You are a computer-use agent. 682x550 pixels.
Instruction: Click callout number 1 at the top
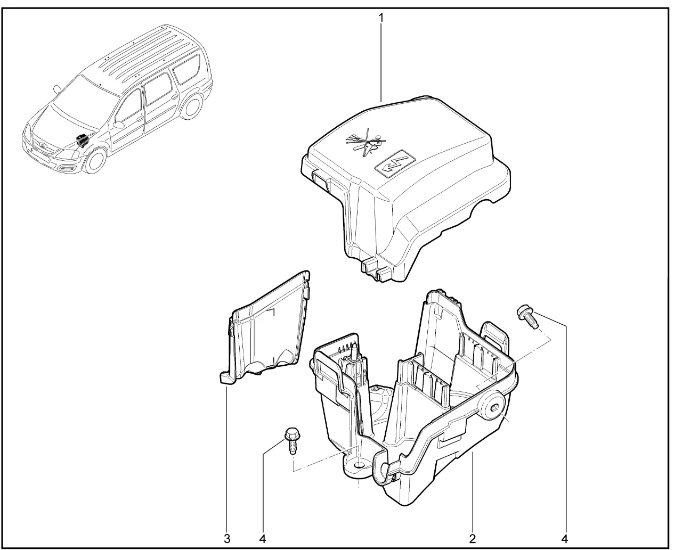pyautogui.click(x=381, y=18)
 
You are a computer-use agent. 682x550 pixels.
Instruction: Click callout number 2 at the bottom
pyautogui.click(x=472, y=539)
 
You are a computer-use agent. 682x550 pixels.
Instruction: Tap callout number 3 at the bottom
pyautogui.click(x=227, y=539)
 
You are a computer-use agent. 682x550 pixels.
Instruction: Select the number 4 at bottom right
pyautogui.click(x=565, y=539)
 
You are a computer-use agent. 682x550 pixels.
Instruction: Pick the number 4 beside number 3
pyautogui.click(x=263, y=539)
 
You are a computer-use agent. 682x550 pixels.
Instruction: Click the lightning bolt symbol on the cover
pyautogui.click(x=396, y=163)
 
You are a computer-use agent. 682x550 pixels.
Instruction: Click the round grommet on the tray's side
pyautogui.click(x=492, y=408)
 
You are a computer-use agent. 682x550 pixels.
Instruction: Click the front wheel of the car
pyautogui.click(x=95, y=161)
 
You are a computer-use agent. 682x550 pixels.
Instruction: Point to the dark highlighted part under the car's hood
pyautogui.click(x=82, y=140)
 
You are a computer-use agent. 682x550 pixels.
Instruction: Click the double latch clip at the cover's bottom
pyautogui.click(x=377, y=270)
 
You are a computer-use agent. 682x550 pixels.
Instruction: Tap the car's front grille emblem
pyautogui.click(x=42, y=145)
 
